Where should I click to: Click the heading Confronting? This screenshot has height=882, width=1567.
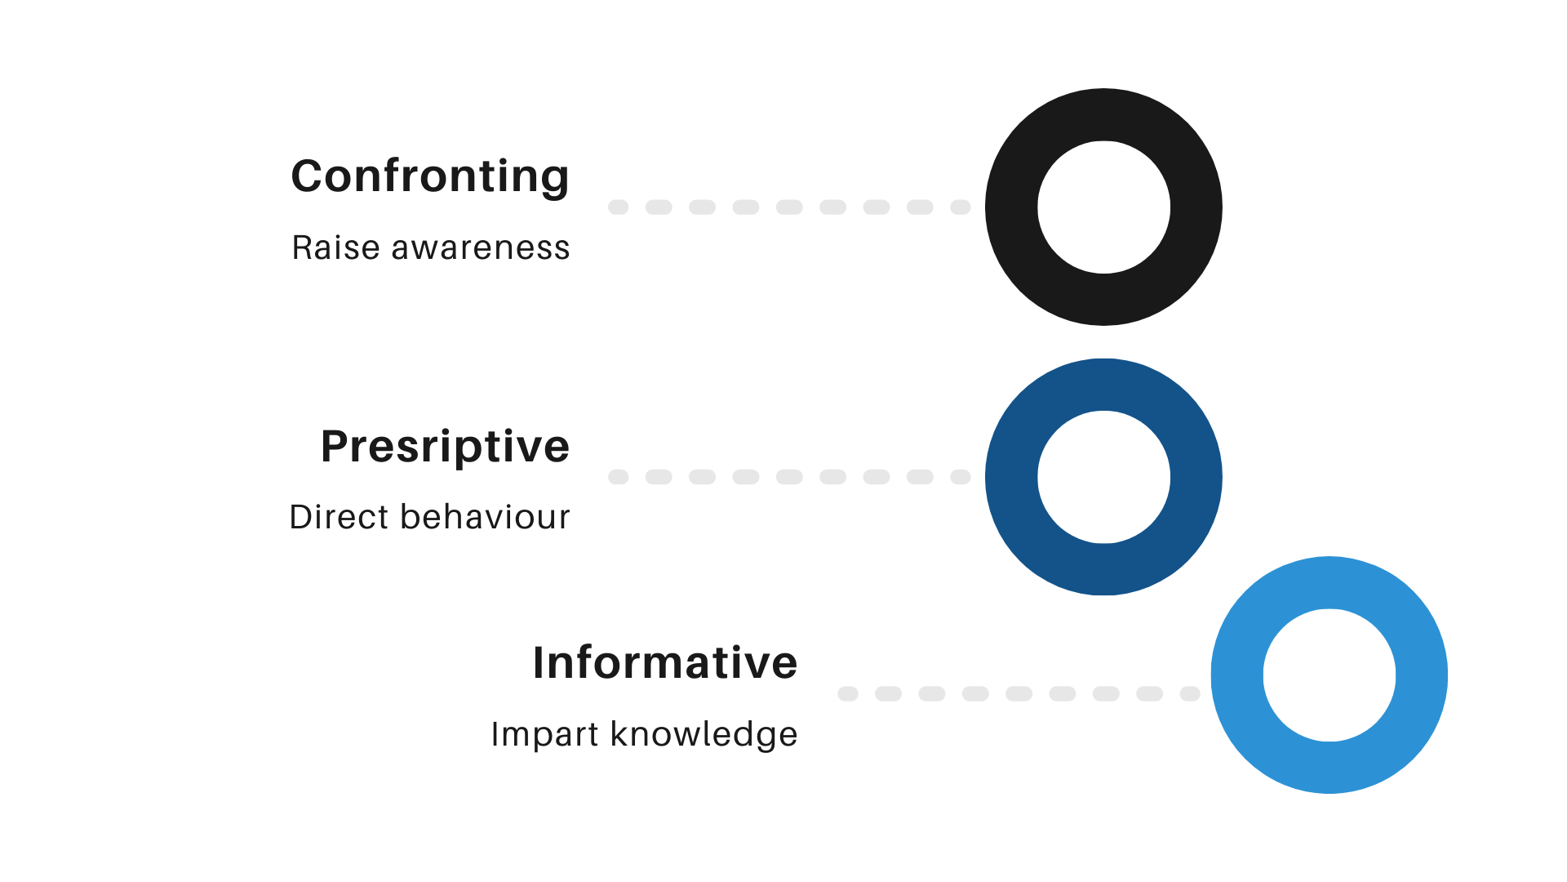point(430,176)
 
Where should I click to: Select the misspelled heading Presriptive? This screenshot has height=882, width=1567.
point(445,447)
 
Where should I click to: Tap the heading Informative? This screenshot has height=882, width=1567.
point(664,662)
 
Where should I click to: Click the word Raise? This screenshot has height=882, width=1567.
point(335,247)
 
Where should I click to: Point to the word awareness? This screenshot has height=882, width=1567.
point(480,247)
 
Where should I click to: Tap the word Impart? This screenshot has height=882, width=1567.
point(544,734)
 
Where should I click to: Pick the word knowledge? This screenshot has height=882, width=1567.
point(704,734)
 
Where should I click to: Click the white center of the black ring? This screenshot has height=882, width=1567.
point(1103,207)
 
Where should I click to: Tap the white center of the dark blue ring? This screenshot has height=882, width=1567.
point(1103,477)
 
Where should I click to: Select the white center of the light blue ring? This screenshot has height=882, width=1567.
point(1329,675)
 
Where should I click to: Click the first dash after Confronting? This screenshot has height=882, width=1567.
point(619,207)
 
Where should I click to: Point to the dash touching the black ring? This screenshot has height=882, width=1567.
point(961,207)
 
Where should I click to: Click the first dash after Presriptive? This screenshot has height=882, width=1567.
point(619,477)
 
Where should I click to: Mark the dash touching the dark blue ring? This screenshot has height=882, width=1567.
point(961,477)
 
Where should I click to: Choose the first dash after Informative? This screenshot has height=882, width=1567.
point(848,694)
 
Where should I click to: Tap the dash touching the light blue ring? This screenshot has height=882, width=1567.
point(1191,694)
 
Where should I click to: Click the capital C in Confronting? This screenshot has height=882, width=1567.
point(309,176)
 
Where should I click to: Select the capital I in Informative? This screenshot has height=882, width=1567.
point(539,662)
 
